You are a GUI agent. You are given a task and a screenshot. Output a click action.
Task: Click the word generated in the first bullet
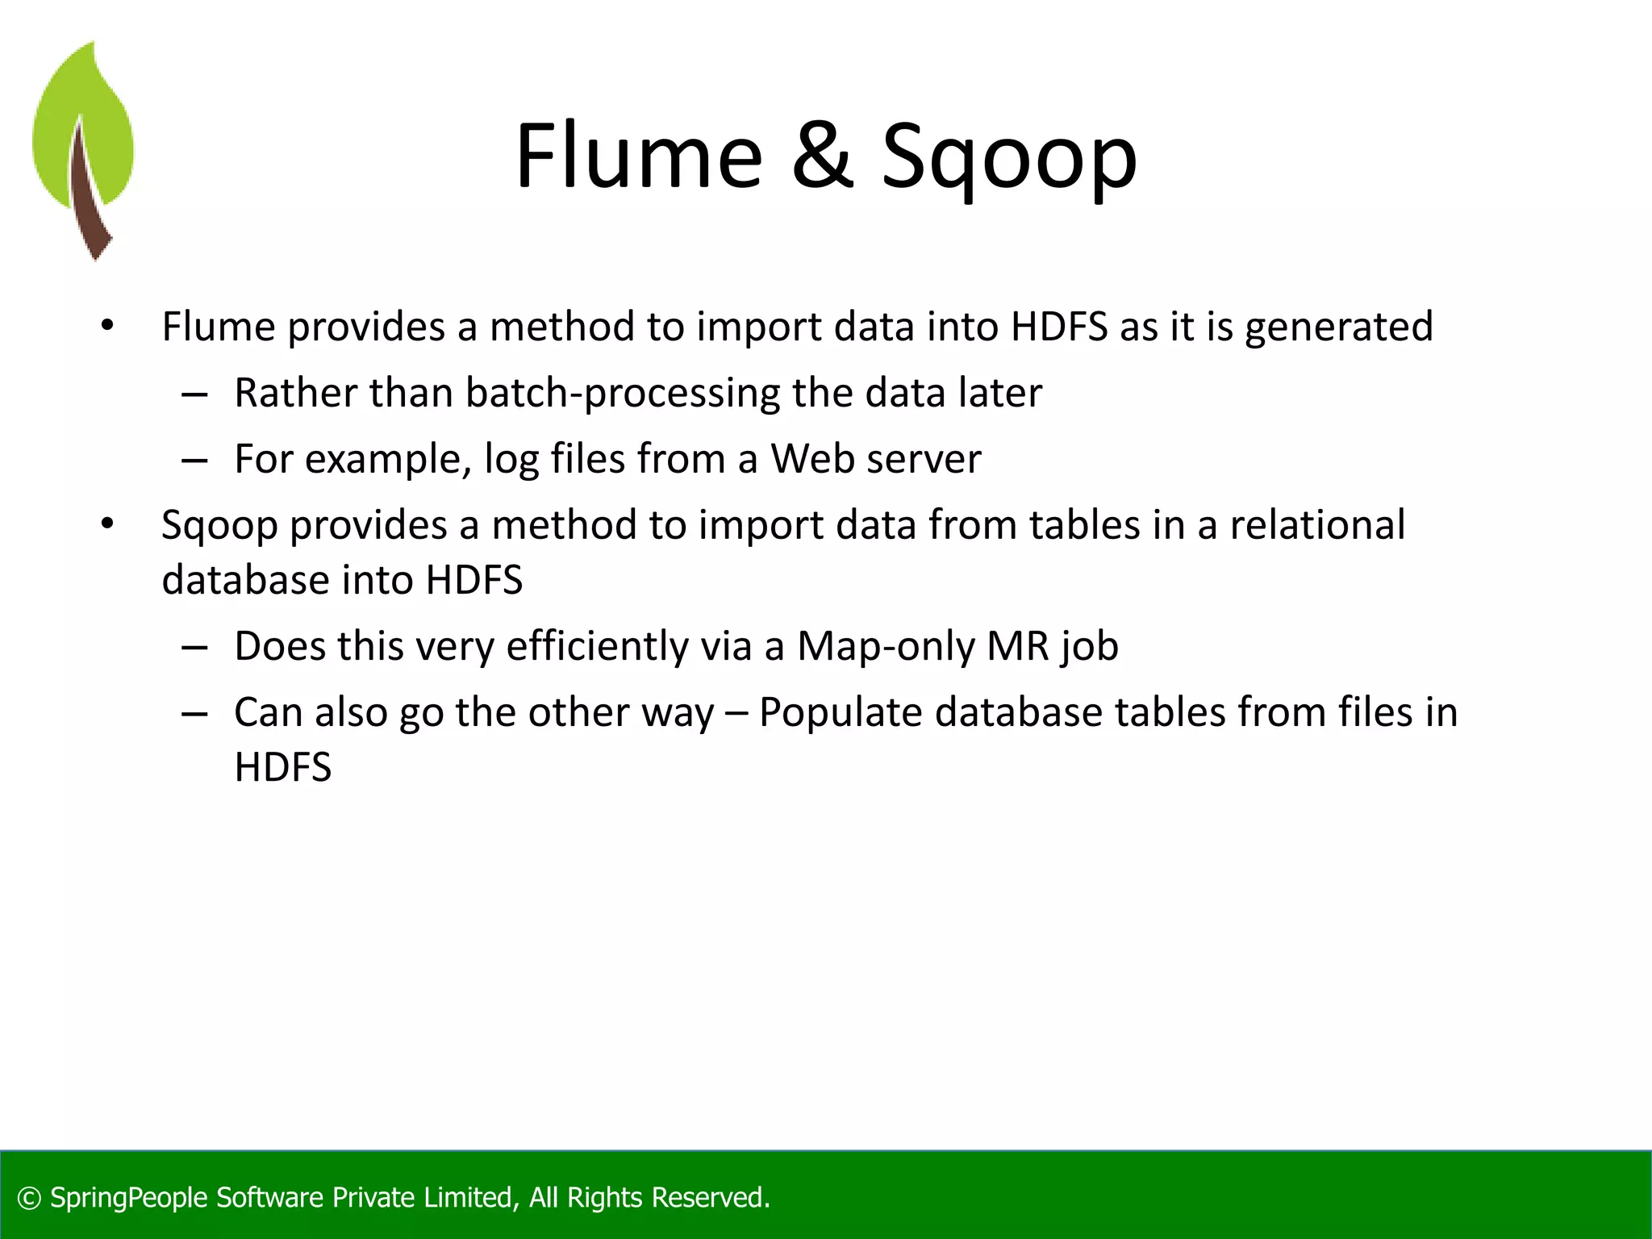1338,327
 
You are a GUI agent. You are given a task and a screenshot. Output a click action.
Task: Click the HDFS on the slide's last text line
282,767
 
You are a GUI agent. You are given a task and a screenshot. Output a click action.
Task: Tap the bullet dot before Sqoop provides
107,524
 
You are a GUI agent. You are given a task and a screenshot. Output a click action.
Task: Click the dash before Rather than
194,395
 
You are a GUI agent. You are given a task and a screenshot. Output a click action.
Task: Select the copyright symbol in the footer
29,1198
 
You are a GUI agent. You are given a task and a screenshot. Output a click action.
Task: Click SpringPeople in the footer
128,1198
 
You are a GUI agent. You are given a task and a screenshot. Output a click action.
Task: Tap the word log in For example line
511,461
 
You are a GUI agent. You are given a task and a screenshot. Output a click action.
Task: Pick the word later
1000,394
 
